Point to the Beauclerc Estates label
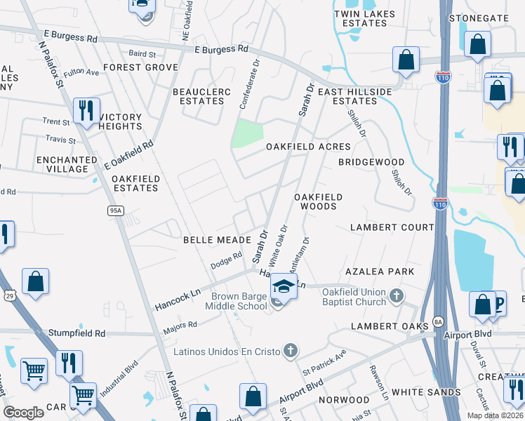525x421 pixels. click(199, 96)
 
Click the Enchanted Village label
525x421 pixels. click(67, 164)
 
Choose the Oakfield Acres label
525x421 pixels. click(307, 147)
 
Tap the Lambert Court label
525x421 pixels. click(392, 227)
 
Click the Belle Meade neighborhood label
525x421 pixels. click(213, 239)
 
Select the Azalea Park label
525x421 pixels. click(379, 271)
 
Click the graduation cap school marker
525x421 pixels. click(283, 286)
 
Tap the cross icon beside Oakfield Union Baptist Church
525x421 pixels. click(397, 296)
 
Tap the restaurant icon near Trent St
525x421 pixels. click(86, 111)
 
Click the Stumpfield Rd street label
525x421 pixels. click(77, 333)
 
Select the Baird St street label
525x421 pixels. click(142, 53)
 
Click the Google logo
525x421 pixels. click(24, 413)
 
